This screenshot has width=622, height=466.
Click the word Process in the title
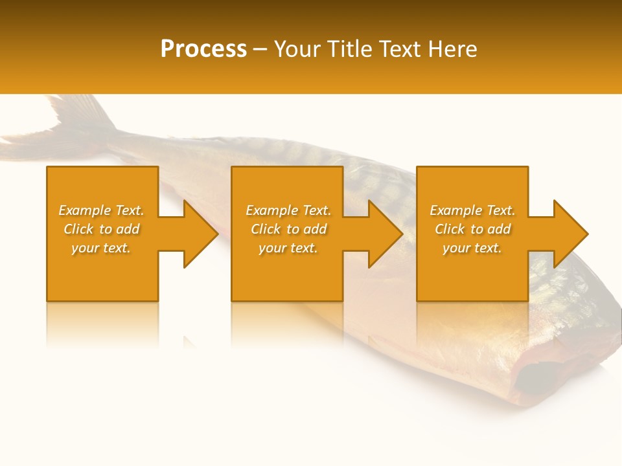pos(203,49)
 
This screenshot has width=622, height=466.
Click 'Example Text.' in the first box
pos(101,210)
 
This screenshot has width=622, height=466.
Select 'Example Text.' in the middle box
pos(288,210)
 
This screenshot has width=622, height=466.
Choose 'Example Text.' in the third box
pos(472,210)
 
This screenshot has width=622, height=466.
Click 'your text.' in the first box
pos(101,248)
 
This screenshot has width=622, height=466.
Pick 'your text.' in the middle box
pos(288,248)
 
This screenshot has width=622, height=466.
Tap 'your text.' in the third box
pos(472,248)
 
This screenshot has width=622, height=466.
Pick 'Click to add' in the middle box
pos(288,229)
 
